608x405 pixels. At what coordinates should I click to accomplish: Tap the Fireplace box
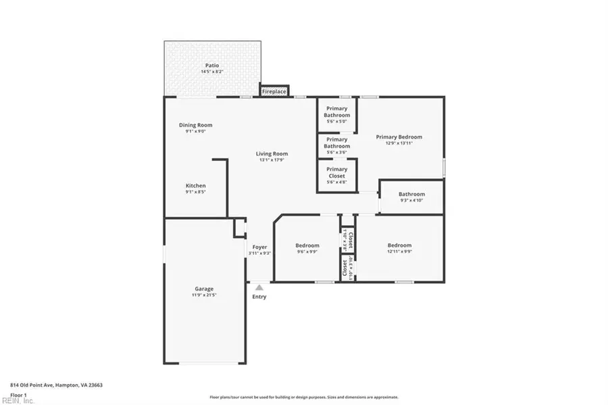(x=274, y=91)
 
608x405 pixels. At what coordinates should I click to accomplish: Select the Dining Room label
(x=195, y=125)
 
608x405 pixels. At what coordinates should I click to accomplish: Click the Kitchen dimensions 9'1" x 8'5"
(x=195, y=192)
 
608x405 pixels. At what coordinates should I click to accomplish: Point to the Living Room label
(x=272, y=153)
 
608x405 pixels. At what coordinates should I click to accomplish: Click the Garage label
(x=204, y=289)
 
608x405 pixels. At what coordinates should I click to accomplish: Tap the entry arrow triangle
(x=259, y=288)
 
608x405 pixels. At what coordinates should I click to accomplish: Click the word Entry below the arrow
(x=259, y=297)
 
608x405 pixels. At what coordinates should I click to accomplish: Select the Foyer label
(x=259, y=247)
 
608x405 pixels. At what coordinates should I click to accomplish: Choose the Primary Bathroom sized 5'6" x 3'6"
(x=336, y=143)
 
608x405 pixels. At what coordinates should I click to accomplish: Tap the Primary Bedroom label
(x=399, y=137)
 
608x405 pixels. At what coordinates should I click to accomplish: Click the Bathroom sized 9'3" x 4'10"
(x=411, y=197)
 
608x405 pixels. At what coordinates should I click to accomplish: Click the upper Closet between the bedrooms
(x=347, y=239)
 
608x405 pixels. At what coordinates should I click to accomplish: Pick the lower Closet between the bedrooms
(x=347, y=268)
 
